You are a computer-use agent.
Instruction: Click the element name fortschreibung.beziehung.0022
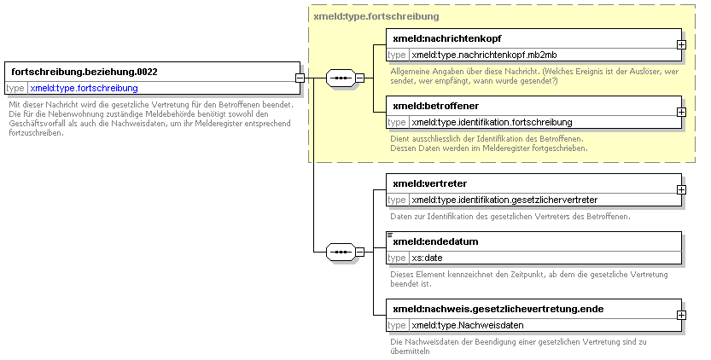[x=85, y=73]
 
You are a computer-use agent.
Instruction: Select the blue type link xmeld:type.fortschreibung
[x=84, y=88]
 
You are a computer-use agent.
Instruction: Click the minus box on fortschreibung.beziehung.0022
[x=300, y=78]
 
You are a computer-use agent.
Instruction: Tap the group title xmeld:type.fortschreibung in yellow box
[x=376, y=17]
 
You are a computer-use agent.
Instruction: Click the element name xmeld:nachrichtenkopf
[x=447, y=39]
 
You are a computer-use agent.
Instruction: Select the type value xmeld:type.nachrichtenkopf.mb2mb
[x=484, y=55]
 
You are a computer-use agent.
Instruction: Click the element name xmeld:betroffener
[x=436, y=106]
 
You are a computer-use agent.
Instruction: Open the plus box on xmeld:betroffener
[x=681, y=112]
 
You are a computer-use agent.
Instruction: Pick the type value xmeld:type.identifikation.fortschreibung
[x=492, y=123]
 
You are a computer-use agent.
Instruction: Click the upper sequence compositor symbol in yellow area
[x=341, y=78]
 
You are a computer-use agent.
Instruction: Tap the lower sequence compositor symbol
[x=341, y=252]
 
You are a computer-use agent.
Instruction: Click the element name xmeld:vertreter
[x=430, y=183]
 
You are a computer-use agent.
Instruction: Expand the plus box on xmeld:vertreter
[x=681, y=190]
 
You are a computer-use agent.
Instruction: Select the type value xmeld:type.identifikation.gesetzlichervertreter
[x=504, y=200]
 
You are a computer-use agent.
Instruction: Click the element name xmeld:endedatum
[x=436, y=241]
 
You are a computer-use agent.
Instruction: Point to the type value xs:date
[x=427, y=258]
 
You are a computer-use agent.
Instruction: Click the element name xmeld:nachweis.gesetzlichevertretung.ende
[x=498, y=309]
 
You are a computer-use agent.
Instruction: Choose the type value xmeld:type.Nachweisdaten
[x=468, y=326]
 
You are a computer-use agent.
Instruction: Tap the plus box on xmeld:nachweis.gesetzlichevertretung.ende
[x=681, y=315]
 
